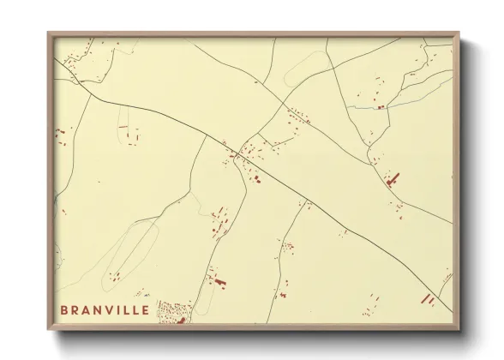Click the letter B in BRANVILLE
63,309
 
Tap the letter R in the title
75,309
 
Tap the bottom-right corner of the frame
459,330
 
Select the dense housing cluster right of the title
175,312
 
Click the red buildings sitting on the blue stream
380,107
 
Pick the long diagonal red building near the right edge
392,178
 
